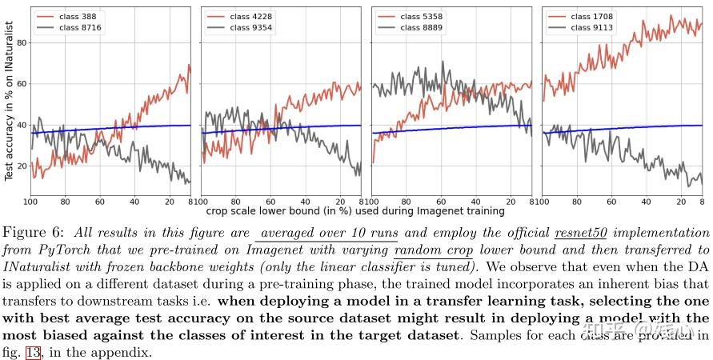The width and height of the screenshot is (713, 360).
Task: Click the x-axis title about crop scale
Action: [x=355, y=211]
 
